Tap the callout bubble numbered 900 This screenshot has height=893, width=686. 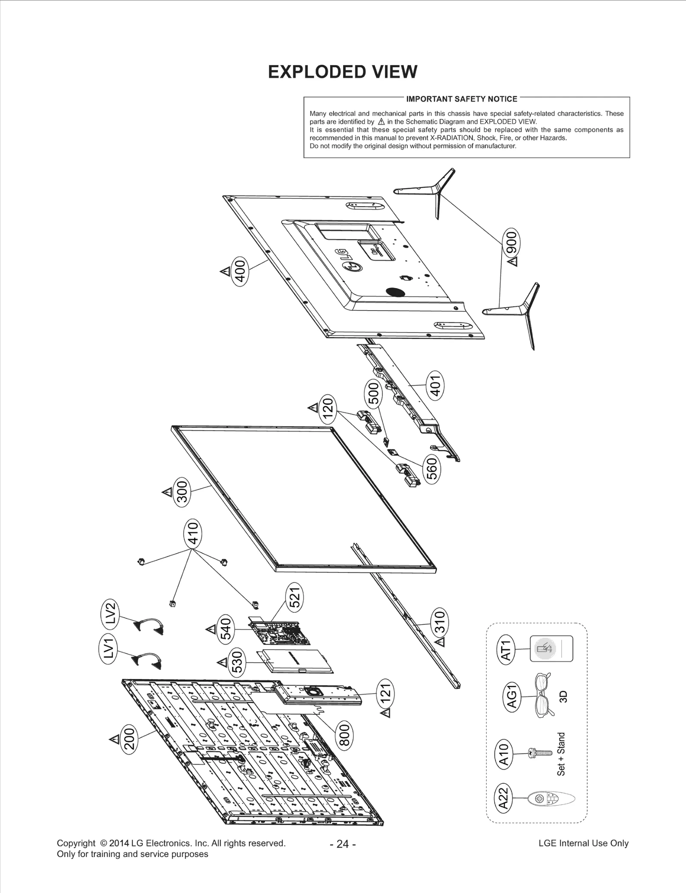click(512, 243)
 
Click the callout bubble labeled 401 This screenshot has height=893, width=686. click(436, 387)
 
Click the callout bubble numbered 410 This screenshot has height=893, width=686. click(193, 533)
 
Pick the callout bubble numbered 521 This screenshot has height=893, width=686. click(296, 597)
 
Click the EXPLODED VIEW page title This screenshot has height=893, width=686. click(343, 72)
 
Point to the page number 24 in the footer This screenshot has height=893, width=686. click(343, 844)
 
